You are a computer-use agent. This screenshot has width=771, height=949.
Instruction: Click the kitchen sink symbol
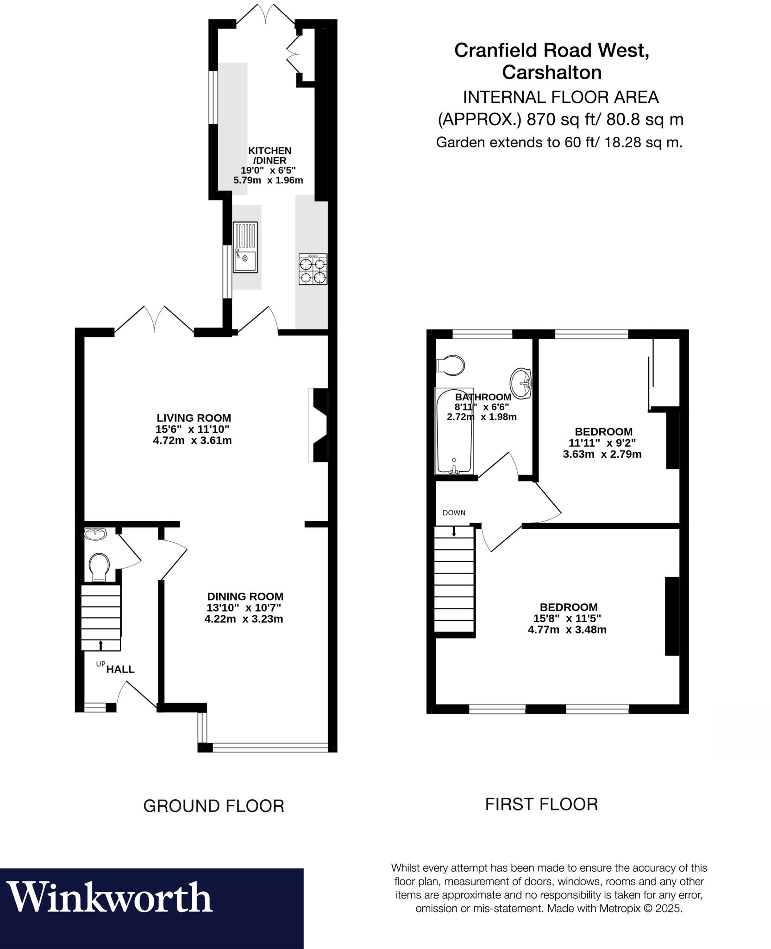pyautogui.click(x=245, y=247)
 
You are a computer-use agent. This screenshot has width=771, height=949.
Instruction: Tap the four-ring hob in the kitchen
pyautogui.click(x=313, y=269)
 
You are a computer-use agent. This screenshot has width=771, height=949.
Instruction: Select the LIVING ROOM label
pyautogui.click(x=194, y=418)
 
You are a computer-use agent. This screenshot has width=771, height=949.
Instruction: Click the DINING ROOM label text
pyautogui.click(x=245, y=596)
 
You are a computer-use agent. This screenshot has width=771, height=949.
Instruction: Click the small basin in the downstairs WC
pyautogui.click(x=96, y=534)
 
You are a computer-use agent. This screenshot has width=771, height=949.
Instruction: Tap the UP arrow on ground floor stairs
pyautogui.click(x=100, y=645)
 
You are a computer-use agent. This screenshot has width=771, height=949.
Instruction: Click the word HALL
pyautogui.click(x=120, y=669)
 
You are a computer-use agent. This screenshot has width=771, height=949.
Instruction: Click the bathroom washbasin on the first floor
pyautogui.click(x=521, y=383)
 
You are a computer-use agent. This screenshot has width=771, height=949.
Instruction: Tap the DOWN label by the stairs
pyautogui.click(x=454, y=513)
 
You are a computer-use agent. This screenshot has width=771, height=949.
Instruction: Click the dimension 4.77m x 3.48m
pyautogui.click(x=567, y=630)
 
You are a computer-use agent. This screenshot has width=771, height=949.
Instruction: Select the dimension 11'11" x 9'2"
pyautogui.click(x=602, y=443)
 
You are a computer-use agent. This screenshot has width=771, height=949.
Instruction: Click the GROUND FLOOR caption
pyautogui.click(x=213, y=806)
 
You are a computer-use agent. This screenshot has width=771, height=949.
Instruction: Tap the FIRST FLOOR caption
pyautogui.click(x=541, y=804)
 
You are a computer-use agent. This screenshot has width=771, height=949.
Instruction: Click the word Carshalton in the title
pyautogui.click(x=552, y=73)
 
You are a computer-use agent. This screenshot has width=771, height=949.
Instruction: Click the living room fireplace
pyautogui.click(x=320, y=425)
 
